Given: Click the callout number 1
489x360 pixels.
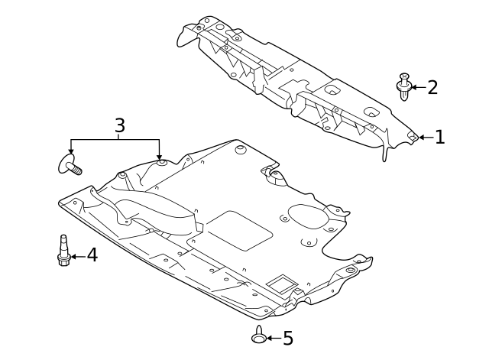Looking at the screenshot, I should tap(439, 138).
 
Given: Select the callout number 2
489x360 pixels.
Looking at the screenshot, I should tap(432, 87).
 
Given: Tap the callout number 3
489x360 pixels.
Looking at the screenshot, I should tap(120, 125).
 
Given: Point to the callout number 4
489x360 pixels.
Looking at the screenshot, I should tap(92, 255).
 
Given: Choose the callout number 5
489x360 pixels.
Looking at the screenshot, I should tap(287, 338).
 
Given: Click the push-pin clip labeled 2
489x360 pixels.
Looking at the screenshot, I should tap(404, 85).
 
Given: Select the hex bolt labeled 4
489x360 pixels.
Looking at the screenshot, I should tap(64, 251).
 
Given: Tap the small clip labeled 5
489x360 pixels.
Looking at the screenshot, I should tap(259, 334).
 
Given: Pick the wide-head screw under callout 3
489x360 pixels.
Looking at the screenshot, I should tap(70, 164).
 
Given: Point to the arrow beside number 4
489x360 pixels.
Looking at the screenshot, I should tap(77, 257).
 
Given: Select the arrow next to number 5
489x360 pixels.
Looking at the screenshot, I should tap(274, 337).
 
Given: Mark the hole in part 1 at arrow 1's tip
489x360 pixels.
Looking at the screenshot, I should tap(413, 137).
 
